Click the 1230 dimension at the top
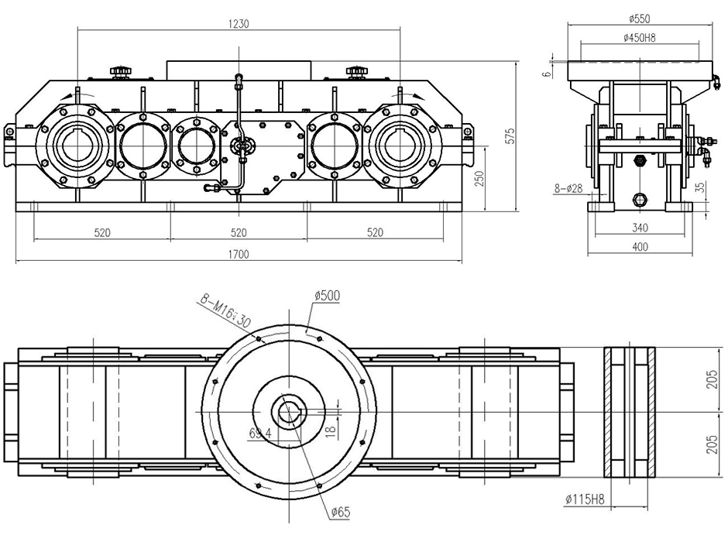point(239,23)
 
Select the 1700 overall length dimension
point(239,255)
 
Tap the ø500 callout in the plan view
point(328,295)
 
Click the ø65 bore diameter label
point(342,513)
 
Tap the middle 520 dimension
point(239,232)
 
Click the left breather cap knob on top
point(119,72)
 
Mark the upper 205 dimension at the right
point(713,379)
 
